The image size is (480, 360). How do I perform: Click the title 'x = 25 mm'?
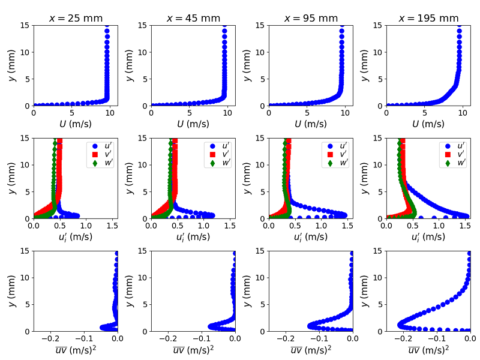coord(76,18)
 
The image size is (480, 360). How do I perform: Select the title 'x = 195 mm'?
coord(428,18)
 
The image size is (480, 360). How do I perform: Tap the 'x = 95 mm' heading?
coord(311,18)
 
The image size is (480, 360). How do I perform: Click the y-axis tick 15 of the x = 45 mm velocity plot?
coord(142,25)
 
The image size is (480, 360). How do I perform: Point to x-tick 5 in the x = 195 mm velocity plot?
coord(425,114)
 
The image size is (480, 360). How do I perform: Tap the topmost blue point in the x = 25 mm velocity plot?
coord(107,31)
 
